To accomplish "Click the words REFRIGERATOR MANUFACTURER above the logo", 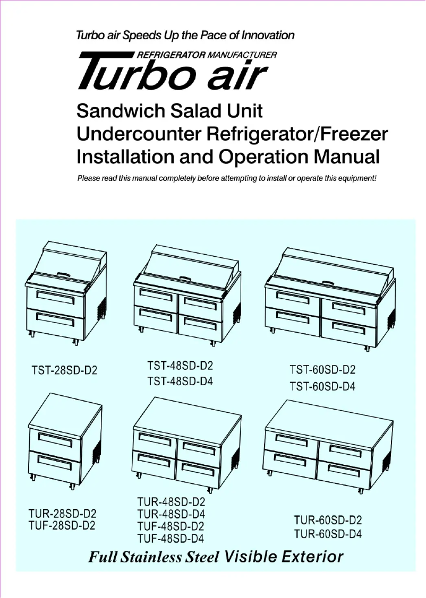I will pyautogui.click(x=207, y=55).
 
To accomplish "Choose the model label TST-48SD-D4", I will pyautogui.click(x=180, y=381).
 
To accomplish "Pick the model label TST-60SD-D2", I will pyautogui.click(x=322, y=370).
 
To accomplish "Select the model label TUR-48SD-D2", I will pyautogui.click(x=171, y=502).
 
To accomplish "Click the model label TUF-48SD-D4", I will pyautogui.click(x=171, y=539).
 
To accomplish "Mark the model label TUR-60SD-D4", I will pyautogui.click(x=328, y=534).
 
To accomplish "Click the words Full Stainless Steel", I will pyautogui.click(x=154, y=558).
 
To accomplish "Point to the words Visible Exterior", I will pyautogui.click(x=284, y=557).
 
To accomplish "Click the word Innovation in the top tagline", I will pyautogui.click(x=268, y=36).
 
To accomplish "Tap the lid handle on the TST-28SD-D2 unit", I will pyautogui.click(x=64, y=273).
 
